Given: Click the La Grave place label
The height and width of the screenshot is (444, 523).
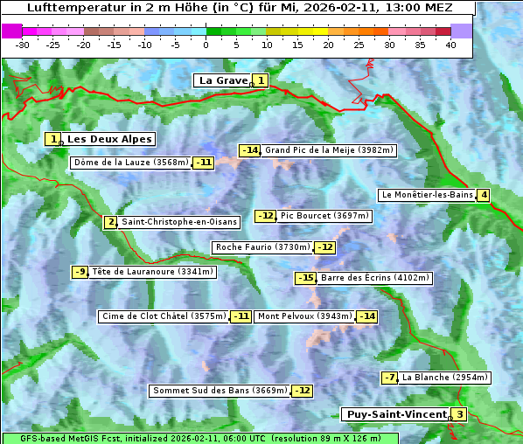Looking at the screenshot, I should pos(224,80).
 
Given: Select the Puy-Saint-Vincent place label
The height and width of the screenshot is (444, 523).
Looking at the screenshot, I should pos(396,414).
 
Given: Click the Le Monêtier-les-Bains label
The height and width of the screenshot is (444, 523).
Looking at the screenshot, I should pos(427,195).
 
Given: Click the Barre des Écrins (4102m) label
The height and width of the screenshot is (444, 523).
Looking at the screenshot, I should pos(375,278).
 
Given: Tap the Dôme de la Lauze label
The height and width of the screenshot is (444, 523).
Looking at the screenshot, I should pos(131,163).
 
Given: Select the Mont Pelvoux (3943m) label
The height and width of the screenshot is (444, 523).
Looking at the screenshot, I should pos(304,316).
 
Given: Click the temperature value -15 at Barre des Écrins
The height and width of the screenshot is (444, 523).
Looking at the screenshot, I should pos(305,278).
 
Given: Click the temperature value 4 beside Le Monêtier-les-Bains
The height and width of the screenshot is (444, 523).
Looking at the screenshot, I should pos(483,195).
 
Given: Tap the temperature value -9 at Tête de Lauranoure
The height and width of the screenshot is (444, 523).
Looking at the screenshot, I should pos(80,272).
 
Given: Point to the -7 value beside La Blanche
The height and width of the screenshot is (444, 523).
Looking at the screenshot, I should pos(390,378).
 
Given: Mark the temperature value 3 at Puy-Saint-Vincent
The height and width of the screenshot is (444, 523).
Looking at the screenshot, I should pos(459,414).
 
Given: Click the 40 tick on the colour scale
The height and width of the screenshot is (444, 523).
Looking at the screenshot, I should pos(450,44).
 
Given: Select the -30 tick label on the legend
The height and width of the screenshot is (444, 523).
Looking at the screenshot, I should pos(23,44).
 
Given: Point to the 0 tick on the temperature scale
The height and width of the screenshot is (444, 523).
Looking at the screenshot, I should pos(206,44).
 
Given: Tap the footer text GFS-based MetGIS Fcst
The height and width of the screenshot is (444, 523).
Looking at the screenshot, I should pos(70,438).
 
